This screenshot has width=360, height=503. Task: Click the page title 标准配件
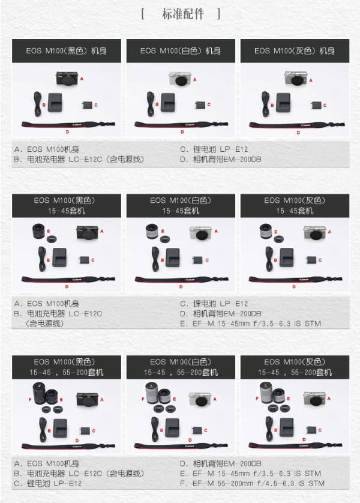pyautogui.click(x=183, y=14)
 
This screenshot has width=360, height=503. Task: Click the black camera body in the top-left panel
pyautogui.click(x=67, y=78)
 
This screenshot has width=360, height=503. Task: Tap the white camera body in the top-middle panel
pyautogui.click(x=180, y=79)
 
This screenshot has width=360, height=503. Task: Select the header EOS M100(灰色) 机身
pyautogui.click(x=295, y=50)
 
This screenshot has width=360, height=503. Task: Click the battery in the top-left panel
pyautogui.click(x=87, y=105)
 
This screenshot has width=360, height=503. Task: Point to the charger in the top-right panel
pyautogui.click(x=283, y=102)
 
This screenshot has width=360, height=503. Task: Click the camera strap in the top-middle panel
pyautogui.click(x=181, y=124)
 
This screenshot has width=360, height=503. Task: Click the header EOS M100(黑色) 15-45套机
pyautogui.click(x=67, y=206)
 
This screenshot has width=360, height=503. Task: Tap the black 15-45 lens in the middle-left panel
pyautogui.click(x=39, y=231)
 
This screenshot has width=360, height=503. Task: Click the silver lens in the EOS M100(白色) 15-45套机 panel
pyautogui.click(x=152, y=231)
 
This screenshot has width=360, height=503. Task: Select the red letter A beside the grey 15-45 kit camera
pyautogui.click(x=329, y=232)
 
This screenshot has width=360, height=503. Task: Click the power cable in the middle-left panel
pyautogui.click(x=42, y=259)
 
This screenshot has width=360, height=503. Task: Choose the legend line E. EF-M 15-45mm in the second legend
pyautogui.click(x=250, y=324)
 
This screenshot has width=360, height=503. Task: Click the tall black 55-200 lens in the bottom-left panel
pyautogui.click(x=40, y=393)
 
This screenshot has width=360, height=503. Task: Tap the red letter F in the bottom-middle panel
pyautogui.click(x=143, y=399)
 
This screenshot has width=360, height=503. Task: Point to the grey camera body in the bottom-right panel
pyautogui.click(x=314, y=399)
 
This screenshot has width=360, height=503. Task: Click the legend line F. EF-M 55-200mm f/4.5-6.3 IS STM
pyautogui.click(x=252, y=483)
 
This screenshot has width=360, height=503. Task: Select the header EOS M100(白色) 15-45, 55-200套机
pyautogui.click(x=181, y=367)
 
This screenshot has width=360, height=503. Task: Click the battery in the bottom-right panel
pyautogui.click(x=311, y=430)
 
